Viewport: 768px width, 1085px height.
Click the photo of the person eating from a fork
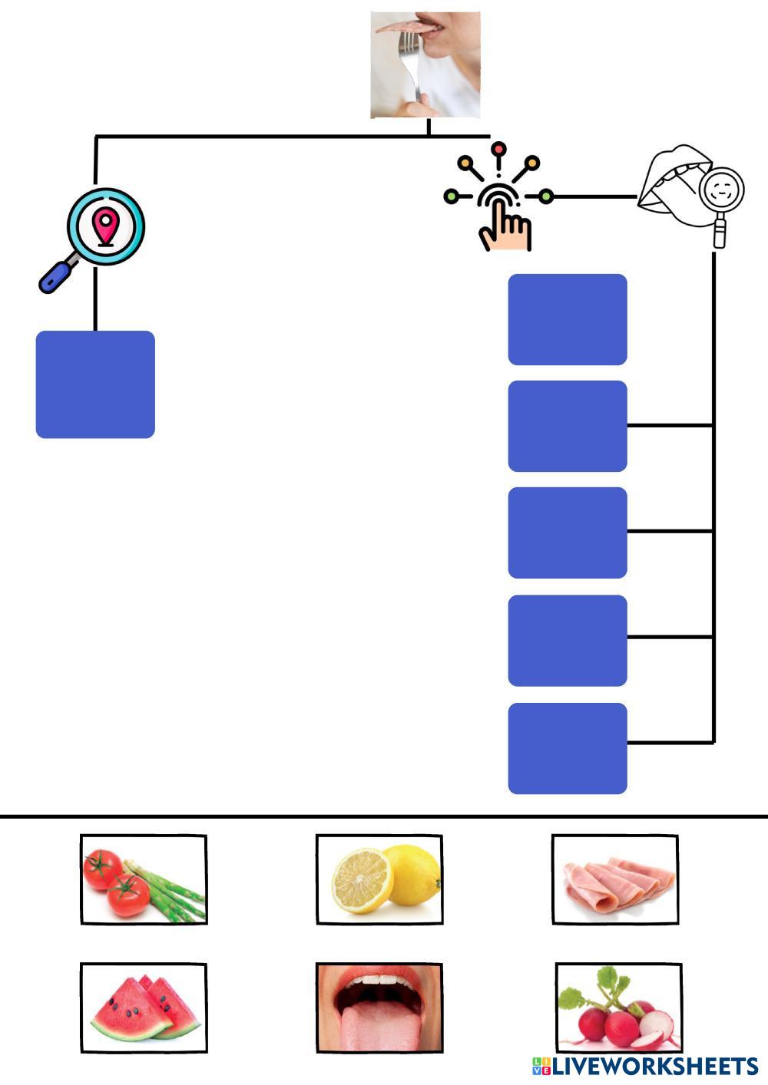coord(425,64)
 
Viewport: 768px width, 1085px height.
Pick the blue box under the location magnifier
coord(95,384)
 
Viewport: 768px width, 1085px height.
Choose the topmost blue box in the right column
coord(568,319)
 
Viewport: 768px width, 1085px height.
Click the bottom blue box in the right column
coord(568,748)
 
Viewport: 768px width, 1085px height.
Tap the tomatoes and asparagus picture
coord(144,879)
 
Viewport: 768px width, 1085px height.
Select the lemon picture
coord(379,879)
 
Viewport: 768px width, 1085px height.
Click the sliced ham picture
coord(614,879)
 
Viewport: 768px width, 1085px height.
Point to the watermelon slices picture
coord(144,1007)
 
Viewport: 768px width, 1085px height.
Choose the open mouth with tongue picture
coord(379,1007)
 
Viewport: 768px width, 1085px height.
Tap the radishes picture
coord(618,1007)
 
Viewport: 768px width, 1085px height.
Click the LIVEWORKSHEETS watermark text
coord(645,1066)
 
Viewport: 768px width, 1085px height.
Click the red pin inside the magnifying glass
coord(105,224)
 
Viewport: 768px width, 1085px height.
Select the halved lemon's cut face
coord(361,881)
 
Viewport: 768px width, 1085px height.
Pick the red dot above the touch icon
coord(498,147)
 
